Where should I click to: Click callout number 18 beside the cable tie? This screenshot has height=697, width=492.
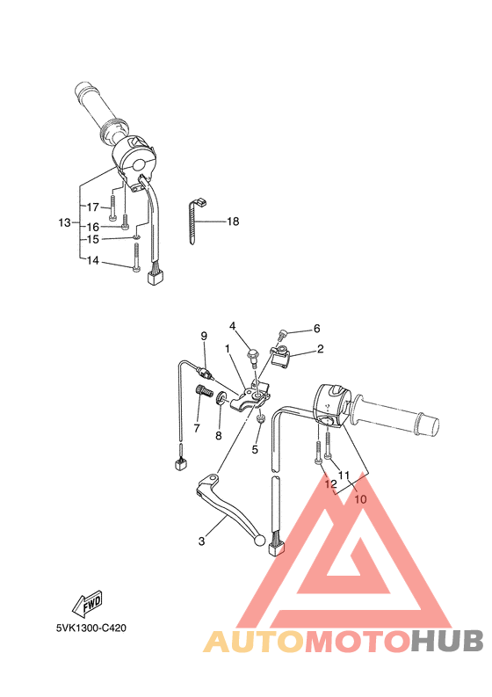coord(233,221)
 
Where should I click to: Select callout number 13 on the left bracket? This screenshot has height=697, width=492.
coord(64,222)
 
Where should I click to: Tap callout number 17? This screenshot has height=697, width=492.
coord(91,207)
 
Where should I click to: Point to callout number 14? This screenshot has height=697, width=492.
coord(91,261)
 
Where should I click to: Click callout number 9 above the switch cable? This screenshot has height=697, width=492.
coord(203,336)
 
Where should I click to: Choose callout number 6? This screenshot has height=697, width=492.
coord(316,329)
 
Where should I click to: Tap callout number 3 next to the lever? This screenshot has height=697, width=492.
coord(201,541)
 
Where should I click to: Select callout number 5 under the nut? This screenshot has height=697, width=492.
coord(255,450)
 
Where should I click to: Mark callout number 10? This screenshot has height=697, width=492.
coord(360,498)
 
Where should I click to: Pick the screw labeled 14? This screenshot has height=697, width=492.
coord(136,258)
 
